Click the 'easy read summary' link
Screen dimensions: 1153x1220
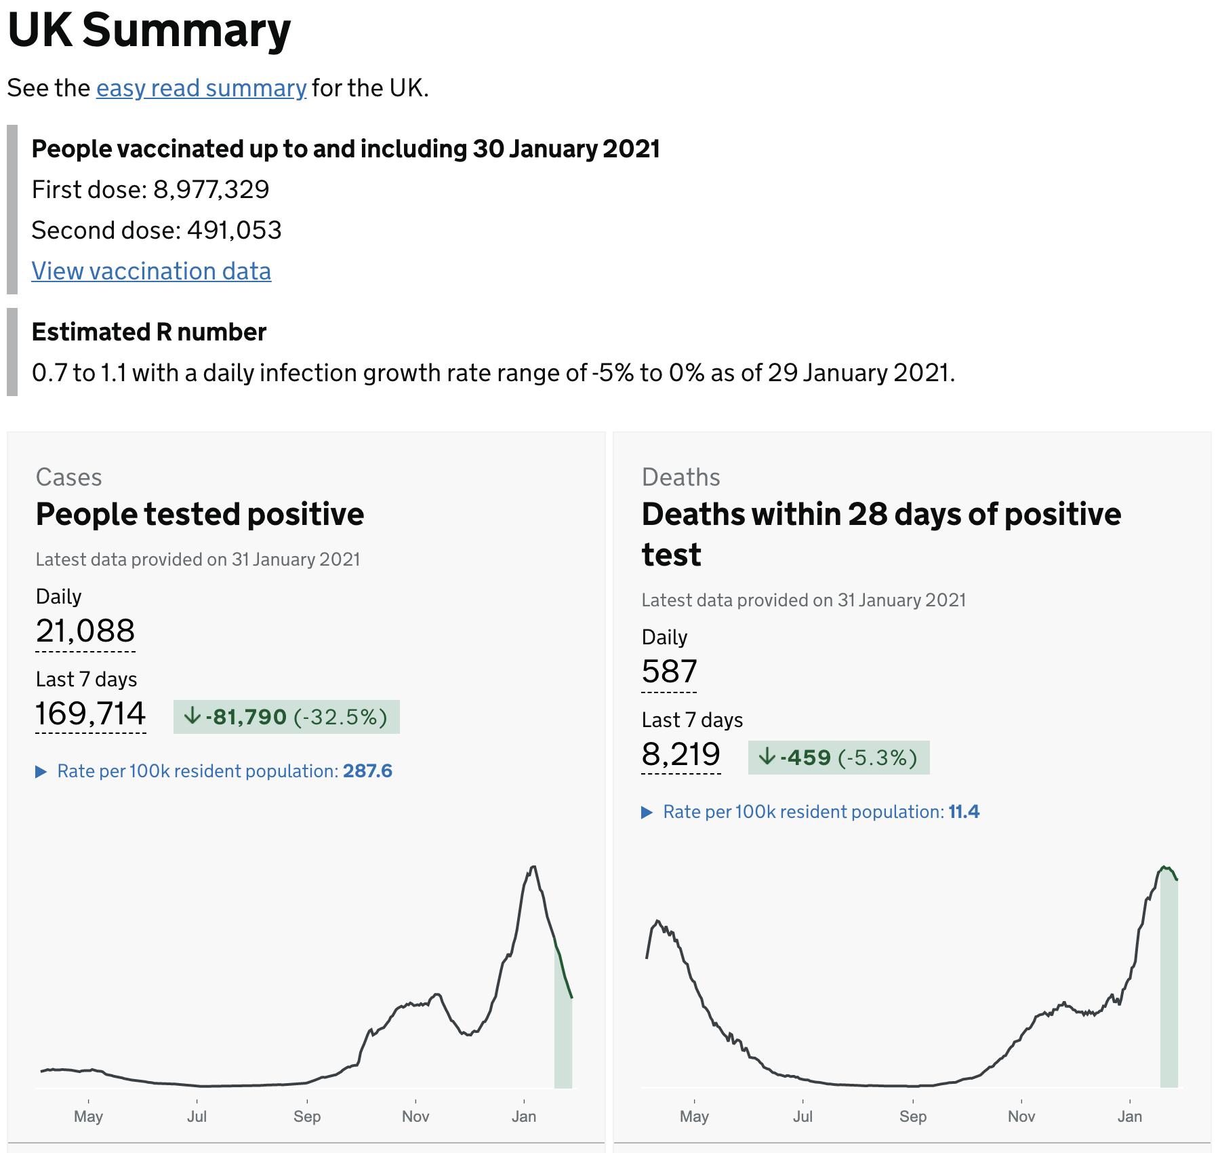click(x=201, y=88)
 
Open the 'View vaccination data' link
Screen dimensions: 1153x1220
click(x=151, y=271)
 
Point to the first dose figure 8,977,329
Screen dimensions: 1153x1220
click(x=211, y=189)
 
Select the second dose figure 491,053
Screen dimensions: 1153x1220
click(x=234, y=231)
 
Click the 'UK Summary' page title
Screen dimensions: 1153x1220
click(x=149, y=31)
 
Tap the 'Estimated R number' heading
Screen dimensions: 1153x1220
click(x=149, y=332)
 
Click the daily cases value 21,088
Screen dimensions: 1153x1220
click(x=85, y=631)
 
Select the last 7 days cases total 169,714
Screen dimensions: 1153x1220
click(x=90, y=714)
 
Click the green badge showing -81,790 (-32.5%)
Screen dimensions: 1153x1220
click(x=286, y=717)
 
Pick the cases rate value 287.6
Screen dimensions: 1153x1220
click(x=367, y=771)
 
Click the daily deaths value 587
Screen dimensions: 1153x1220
click(x=669, y=671)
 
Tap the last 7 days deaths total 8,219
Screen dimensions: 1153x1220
click(x=680, y=754)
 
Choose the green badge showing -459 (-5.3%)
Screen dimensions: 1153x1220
click(x=838, y=758)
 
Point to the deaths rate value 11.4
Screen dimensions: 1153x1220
click(x=964, y=812)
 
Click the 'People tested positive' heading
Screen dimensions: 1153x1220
click(x=200, y=514)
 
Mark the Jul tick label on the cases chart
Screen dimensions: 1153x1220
click(x=197, y=1116)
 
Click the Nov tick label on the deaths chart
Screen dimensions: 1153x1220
click(x=1021, y=1116)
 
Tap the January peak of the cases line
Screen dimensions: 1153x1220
click(x=534, y=867)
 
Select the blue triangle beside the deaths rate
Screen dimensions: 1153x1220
click(x=647, y=813)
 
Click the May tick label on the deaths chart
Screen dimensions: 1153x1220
click(x=694, y=1116)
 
